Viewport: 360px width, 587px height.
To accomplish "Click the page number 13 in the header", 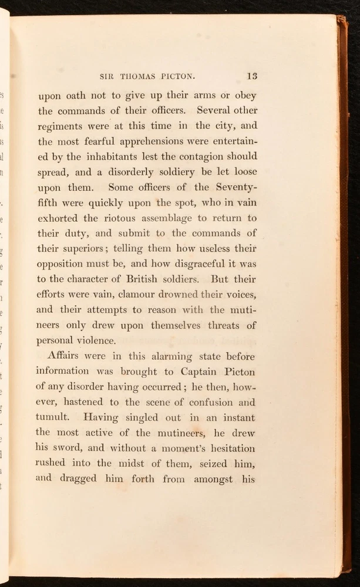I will (x=252, y=76).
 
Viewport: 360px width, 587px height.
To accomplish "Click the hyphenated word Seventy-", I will (x=234, y=188).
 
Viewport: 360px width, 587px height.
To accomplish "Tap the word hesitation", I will (x=220, y=448).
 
